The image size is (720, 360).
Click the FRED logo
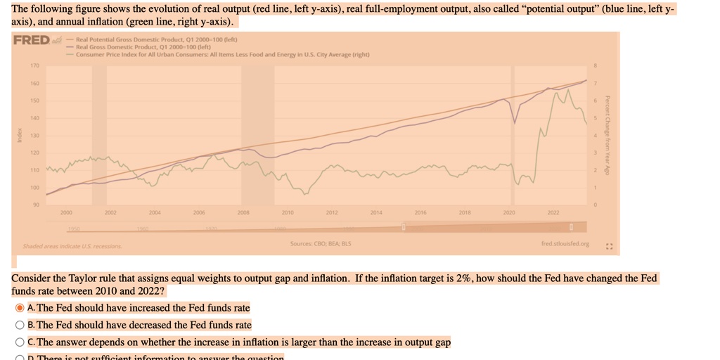[x=32, y=40]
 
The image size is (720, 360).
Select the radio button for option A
[x=20, y=308]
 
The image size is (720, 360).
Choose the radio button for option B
[x=20, y=325]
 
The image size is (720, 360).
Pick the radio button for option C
[x=20, y=342]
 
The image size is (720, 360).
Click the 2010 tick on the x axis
[x=288, y=211]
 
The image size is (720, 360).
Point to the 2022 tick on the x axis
[x=553, y=211]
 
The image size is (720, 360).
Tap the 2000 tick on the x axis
[x=66, y=211]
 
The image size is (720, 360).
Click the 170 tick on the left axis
[x=34, y=66]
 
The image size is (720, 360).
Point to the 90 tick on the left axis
[x=34, y=205]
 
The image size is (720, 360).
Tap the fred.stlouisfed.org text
[x=560, y=245]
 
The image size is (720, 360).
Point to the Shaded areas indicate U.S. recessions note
[x=72, y=247]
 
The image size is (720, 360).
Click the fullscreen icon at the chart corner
[x=607, y=246]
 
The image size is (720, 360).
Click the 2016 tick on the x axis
[x=420, y=211]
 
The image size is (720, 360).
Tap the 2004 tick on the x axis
[x=155, y=211]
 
